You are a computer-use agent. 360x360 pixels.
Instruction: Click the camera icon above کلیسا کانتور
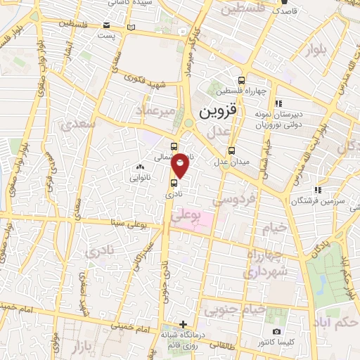click(x=276, y=331)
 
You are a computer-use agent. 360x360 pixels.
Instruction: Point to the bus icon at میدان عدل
click(x=232, y=150)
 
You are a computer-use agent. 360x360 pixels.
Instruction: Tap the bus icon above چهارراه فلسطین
click(x=241, y=80)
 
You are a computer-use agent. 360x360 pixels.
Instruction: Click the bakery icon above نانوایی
click(x=140, y=167)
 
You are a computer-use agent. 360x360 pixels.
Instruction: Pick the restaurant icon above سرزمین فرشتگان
click(x=317, y=189)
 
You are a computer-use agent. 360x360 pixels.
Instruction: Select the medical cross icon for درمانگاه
click(x=184, y=324)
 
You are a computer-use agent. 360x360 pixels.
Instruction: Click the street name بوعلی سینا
click(x=129, y=224)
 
